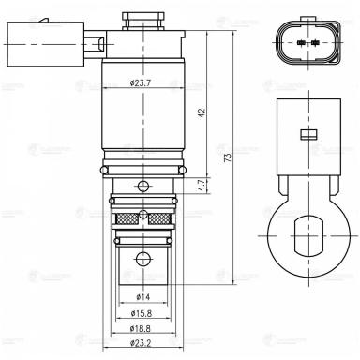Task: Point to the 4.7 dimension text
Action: [x=202, y=186]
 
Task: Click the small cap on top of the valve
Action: [x=142, y=20]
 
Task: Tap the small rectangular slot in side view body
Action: [x=305, y=133]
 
